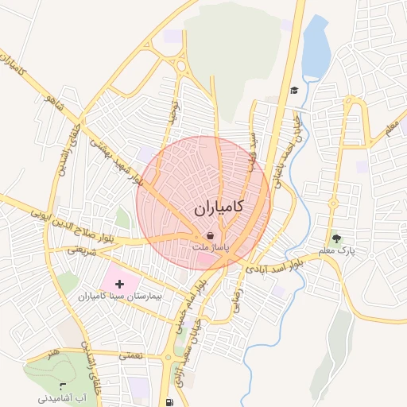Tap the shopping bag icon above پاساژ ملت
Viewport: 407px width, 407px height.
pyautogui.click(x=209, y=236)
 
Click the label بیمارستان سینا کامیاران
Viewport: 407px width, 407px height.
pyautogui.click(x=112, y=296)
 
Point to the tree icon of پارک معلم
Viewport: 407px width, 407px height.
pyautogui.click(x=336, y=238)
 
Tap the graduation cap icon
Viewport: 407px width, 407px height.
pyautogui.click(x=294, y=90)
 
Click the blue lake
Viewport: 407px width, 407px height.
pyautogui.click(x=316, y=48)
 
